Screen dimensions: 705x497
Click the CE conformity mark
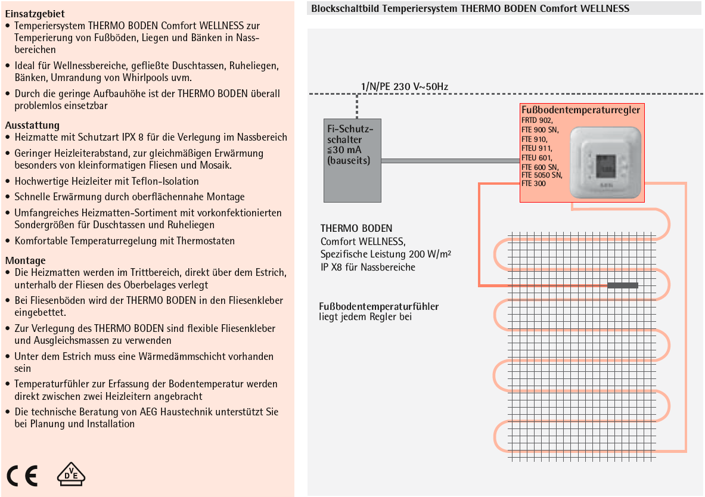pos(22,476)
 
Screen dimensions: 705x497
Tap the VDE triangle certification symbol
pos(71,474)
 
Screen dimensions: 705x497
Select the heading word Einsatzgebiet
pos(35,14)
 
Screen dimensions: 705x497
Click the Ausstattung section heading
pos(32,126)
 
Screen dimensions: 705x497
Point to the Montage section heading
pos(25,261)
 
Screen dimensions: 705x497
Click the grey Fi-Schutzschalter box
pos(353,160)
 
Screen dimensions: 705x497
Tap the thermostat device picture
pos(605,162)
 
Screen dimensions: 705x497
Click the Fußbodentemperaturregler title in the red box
pos(580,110)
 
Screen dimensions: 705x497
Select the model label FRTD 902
pos(537,120)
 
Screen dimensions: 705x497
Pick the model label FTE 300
pos(533,184)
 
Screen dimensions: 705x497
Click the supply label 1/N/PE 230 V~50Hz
pos(405,86)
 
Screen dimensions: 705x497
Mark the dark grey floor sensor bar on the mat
pos(623,285)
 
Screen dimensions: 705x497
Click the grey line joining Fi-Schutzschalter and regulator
pos(451,160)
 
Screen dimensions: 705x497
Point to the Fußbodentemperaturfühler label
pos(378,306)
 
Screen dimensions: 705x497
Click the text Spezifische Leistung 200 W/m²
pos(386,254)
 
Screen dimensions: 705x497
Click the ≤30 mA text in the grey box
pos(344,150)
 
